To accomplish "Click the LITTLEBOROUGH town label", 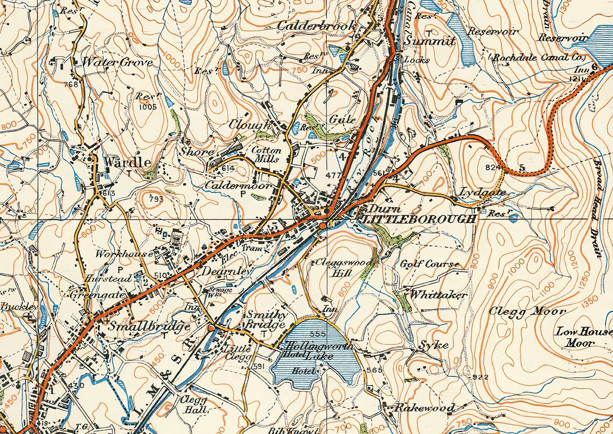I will (418, 219).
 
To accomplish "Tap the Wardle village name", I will (127, 162).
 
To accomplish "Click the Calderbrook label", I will (317, 25).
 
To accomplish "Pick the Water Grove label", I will (118, 62).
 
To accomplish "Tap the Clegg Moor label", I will (527, 311).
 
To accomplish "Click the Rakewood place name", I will (425, 408).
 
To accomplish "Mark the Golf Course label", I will (430, 264).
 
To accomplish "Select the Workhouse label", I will (124, 254).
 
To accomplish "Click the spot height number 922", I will (481, 377).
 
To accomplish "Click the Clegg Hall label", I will (193, 405).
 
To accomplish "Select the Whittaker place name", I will (438, 295).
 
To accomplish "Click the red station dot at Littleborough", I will (322, 226).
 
